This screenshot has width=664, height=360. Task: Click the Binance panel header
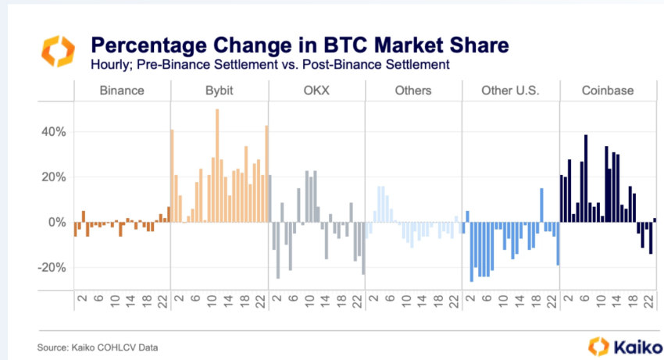point(122,91)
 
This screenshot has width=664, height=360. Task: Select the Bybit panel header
point(220,91)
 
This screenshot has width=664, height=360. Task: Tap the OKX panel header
point(316,91)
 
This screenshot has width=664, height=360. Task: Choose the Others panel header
point(413,91)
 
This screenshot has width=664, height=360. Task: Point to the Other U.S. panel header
point(510,91)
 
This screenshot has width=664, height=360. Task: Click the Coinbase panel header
point(607,91)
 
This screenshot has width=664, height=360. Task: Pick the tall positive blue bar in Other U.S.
point(541,205)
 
